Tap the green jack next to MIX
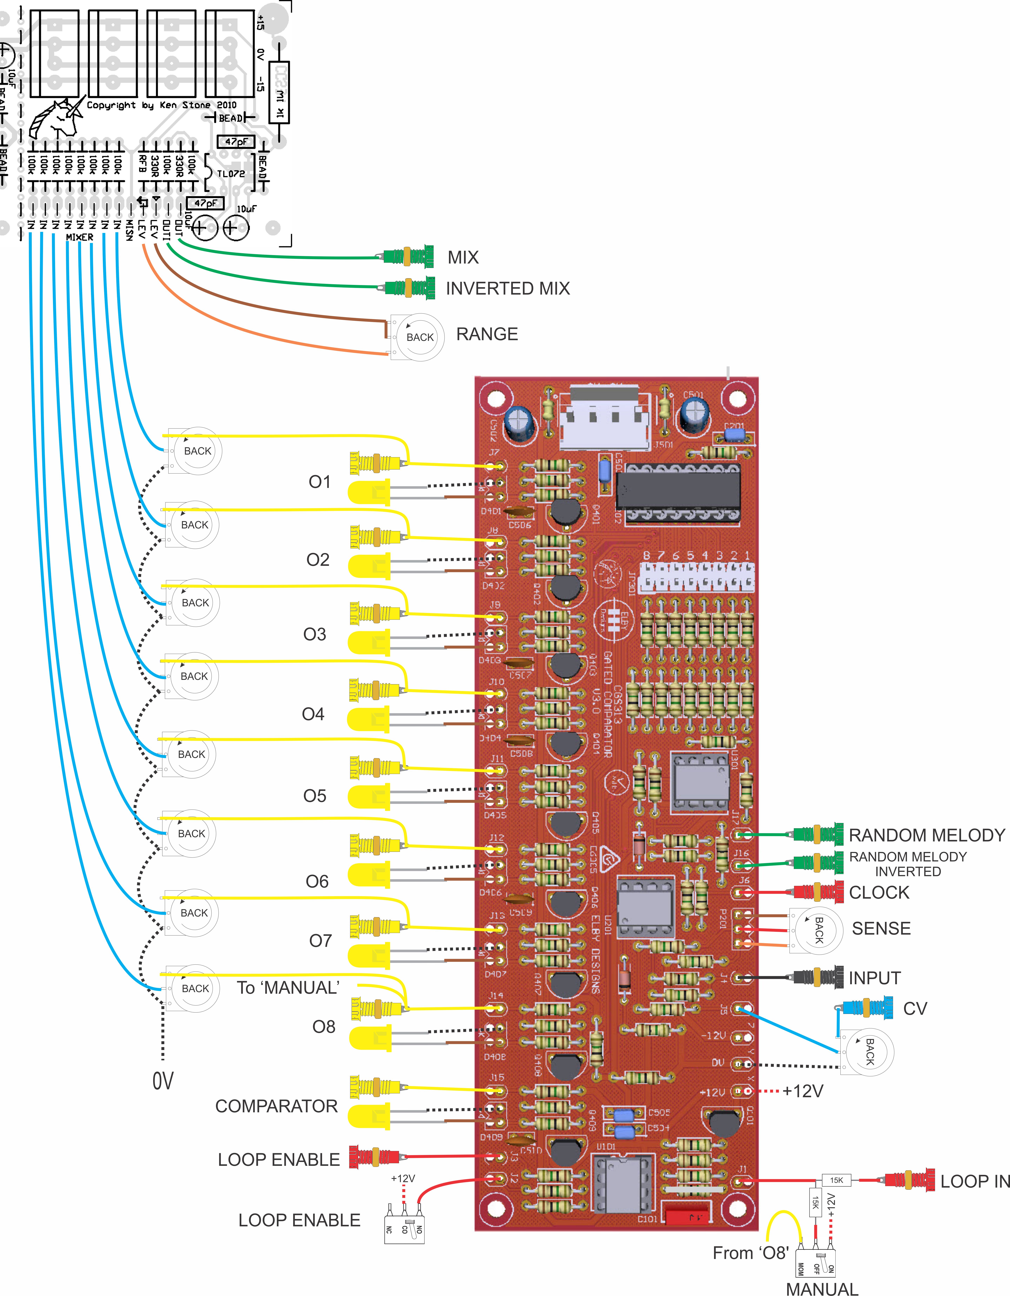tap(408, 256)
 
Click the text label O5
tap(315, 796)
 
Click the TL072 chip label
tap(231, 173)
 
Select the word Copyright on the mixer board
tap(111, 105)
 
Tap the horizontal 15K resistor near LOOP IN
tap(836, 1180)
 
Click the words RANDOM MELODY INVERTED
tap(908, 864)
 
